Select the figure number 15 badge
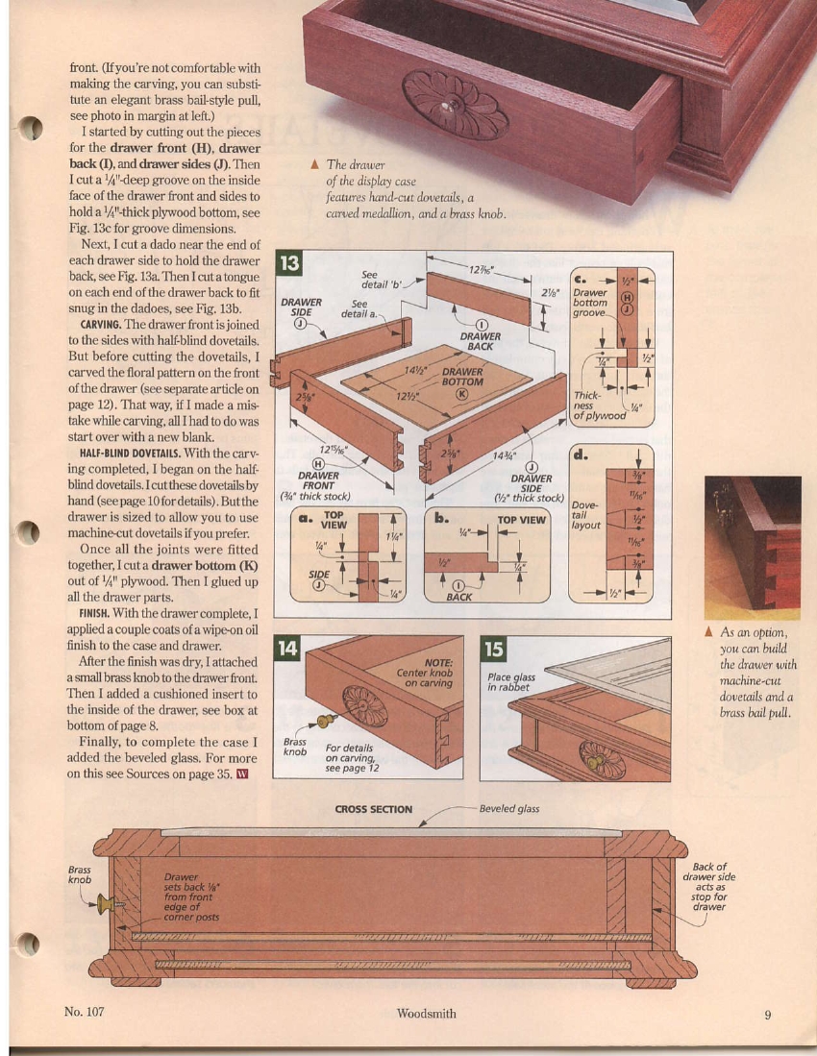click(494, 650)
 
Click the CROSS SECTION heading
click(373, 809)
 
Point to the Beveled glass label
click(509, 809)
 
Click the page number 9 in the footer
click(768, 1013)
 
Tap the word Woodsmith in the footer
click(426, 1013)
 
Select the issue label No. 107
click(84, 1012)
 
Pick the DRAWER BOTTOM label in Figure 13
click(462, 378)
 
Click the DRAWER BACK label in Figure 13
click(480, 341)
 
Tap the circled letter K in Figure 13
click(461, 392)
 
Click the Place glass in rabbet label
click(512, 681)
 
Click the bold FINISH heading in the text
click(93, 613)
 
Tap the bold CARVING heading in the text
click(99, 324)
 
